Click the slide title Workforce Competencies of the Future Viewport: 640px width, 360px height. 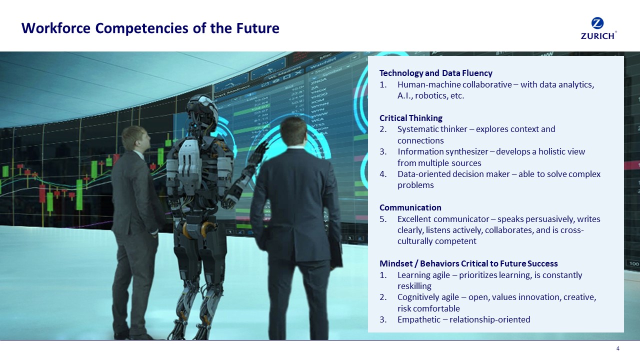[150, 28]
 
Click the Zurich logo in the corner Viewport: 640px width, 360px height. [598, 28]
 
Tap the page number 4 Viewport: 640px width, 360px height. [618, 348]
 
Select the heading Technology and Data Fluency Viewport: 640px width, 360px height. [435, 73]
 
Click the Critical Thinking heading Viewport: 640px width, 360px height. [410, 118]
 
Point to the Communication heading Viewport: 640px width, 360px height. [410, 207]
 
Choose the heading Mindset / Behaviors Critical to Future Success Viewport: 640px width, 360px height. [468, 263]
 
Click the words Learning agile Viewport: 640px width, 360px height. [422, 275]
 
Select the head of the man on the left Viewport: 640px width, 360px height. [135, 138]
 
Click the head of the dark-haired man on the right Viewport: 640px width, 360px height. [293, 130]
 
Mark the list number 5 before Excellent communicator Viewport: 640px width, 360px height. [382, 219]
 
